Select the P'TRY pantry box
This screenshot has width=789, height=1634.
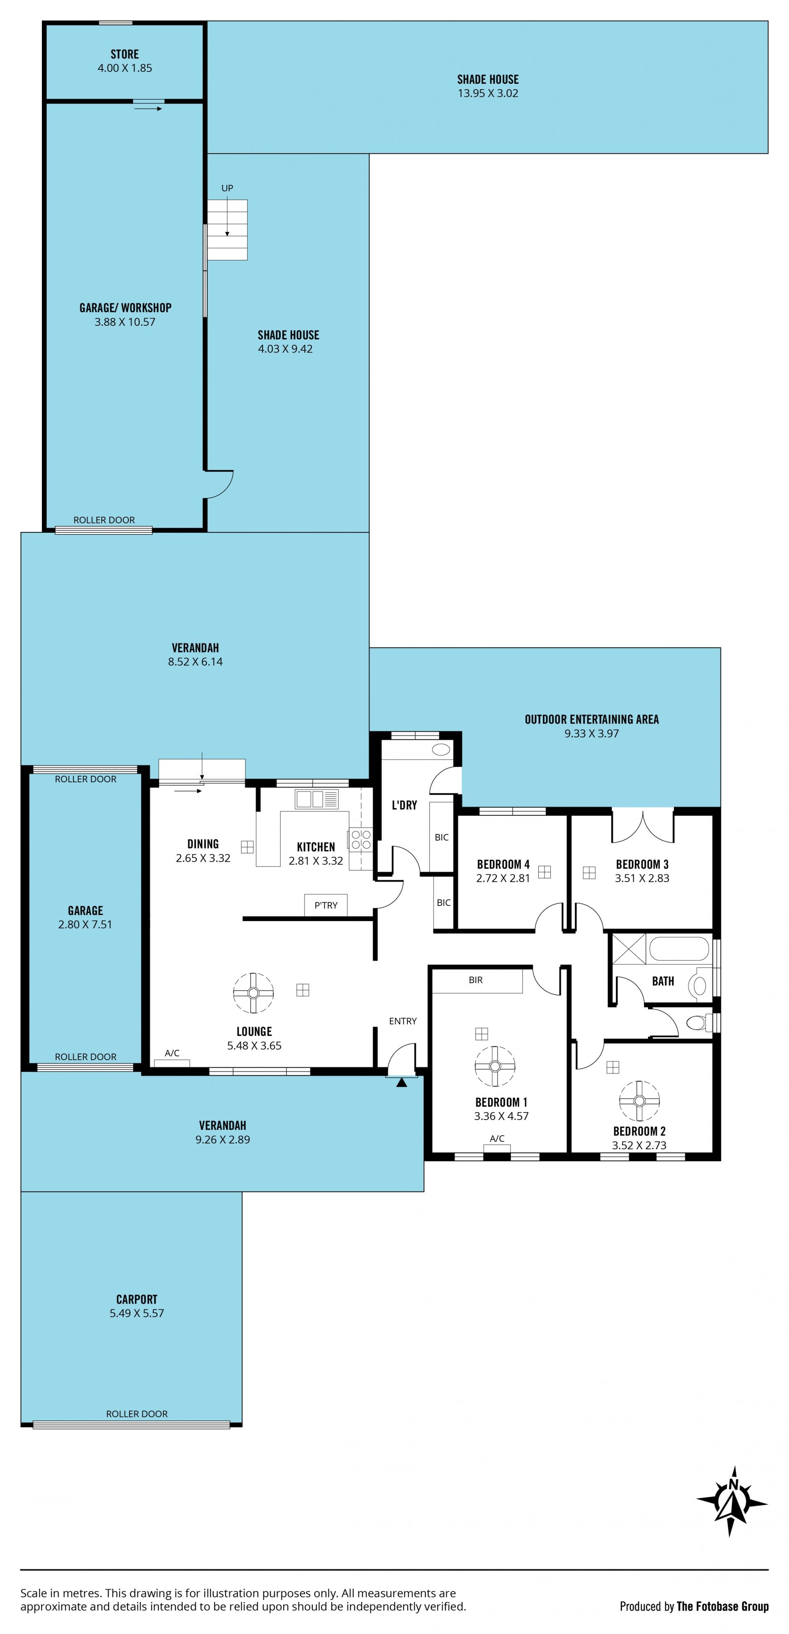326,905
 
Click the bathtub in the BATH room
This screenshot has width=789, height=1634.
678,950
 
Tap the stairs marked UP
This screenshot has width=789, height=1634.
227,230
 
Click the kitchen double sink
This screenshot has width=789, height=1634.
316,799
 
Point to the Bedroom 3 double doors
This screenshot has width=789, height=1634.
642,826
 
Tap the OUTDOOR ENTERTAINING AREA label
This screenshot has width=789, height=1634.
592,719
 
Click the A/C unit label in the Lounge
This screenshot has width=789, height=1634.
172,1053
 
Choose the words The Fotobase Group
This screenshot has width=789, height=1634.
722,1606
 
